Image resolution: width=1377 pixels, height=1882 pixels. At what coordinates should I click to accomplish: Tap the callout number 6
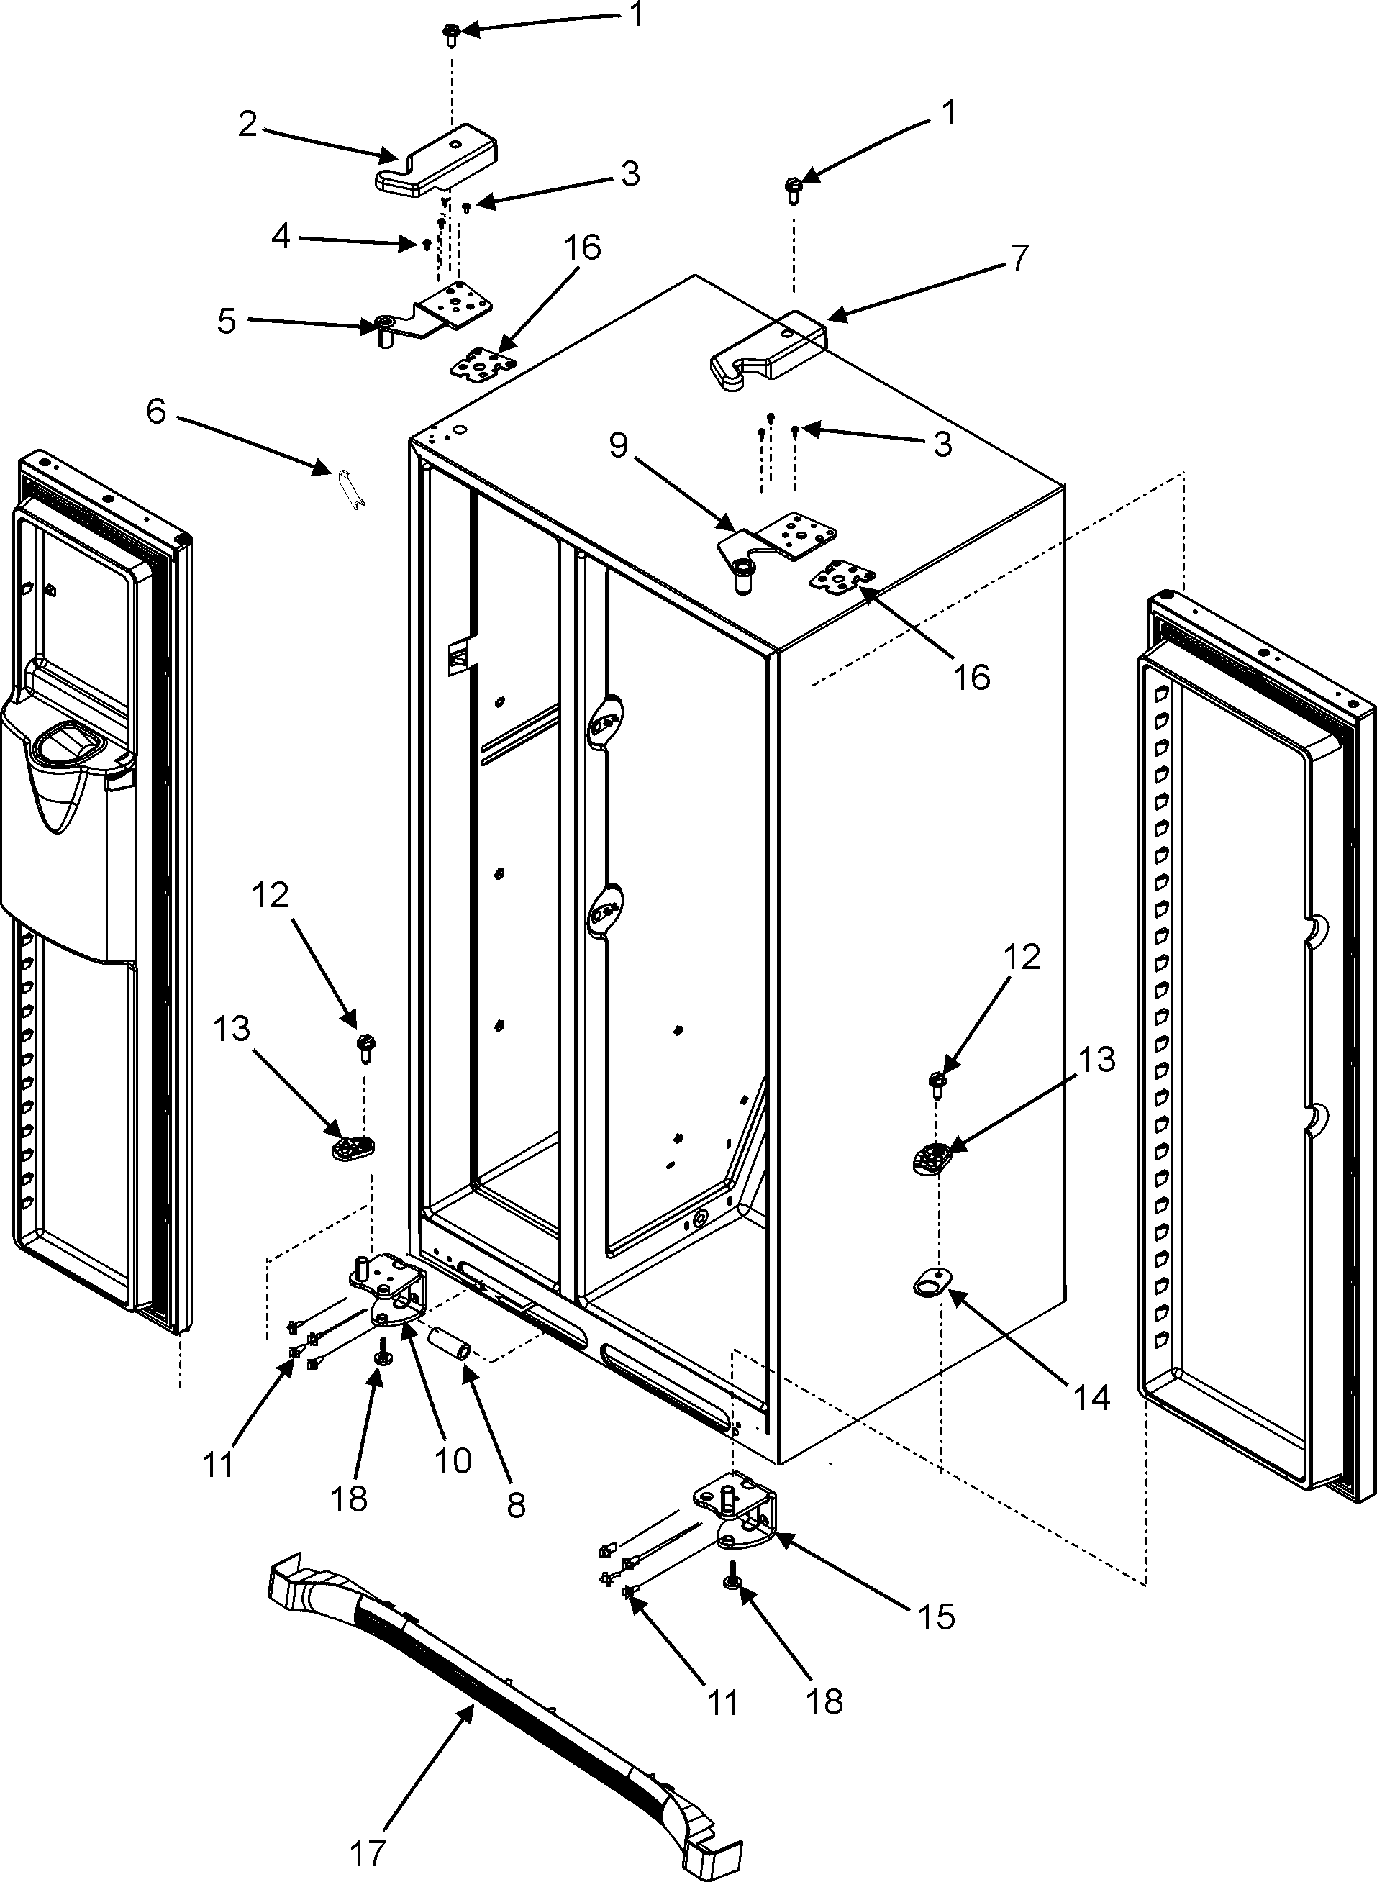(157, 411)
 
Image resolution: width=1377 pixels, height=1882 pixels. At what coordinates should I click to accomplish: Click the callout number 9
(618, 446)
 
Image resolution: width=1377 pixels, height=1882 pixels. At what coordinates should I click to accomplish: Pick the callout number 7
(1019, 258)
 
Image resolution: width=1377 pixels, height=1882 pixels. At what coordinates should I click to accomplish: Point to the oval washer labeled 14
(930, 1284)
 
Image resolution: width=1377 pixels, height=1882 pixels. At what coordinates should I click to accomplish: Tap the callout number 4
(280, 237)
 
